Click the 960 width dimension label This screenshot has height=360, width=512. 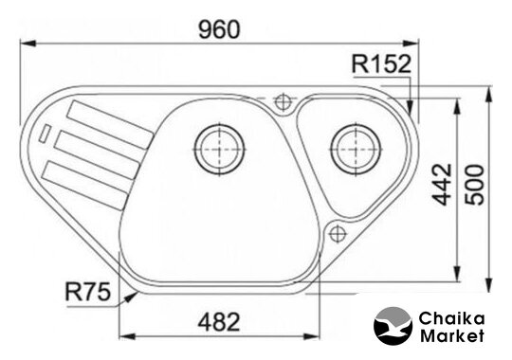(219, 29)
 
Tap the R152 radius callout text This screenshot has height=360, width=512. (381, 63)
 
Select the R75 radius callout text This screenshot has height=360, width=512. (88, 292)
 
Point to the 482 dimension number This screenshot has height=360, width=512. (219, 322)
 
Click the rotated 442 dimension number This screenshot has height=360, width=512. (442, 185)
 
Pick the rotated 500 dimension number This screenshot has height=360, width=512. (474, 185)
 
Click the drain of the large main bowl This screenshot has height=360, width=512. (219, 149)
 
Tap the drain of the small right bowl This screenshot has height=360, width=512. (356, 149)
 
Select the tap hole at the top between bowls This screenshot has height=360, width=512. (283, 102)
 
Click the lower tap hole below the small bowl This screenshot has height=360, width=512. (338, 234)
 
